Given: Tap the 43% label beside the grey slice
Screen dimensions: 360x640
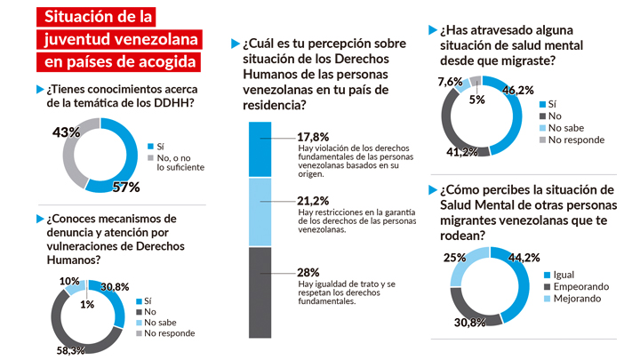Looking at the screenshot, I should [x=42, y=132].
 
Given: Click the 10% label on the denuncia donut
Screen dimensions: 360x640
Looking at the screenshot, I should [x=69, y=281].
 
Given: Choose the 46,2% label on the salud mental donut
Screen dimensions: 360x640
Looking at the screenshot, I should [x=518, y=90].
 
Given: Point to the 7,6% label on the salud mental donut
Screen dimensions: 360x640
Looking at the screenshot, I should [x=451, y=83].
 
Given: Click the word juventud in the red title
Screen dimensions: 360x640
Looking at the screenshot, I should [x=80, y=38].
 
